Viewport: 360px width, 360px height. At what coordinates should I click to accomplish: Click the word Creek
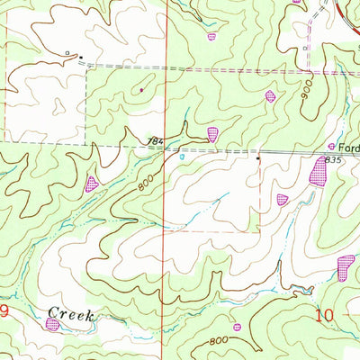(71, 312)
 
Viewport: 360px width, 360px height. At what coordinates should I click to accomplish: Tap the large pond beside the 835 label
(319, 171)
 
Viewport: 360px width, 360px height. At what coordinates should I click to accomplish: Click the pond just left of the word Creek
(52, 323)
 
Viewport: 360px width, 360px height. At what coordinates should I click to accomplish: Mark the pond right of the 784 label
(212, 134)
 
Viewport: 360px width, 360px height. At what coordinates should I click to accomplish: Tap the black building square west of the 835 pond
(258, 158)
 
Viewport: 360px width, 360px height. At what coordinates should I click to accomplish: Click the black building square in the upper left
(81, 58)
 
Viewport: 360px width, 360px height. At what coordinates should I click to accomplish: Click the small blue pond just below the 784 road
(182, 156)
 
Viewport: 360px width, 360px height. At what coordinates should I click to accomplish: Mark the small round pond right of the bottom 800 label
(237, 327)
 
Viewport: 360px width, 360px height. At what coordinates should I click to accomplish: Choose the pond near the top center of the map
(212, 37)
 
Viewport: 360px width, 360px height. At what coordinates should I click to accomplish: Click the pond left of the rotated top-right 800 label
(269, 95)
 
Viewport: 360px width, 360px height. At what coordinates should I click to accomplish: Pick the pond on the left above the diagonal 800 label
(91, 184)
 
